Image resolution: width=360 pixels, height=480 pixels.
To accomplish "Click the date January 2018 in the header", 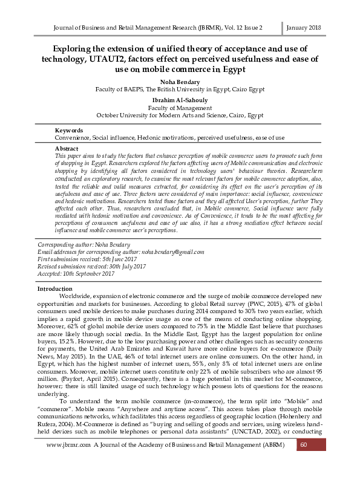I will point(303,28).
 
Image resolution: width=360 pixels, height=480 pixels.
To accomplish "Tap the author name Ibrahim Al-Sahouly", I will point(180,99).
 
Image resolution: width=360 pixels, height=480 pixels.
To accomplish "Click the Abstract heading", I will point(67,148).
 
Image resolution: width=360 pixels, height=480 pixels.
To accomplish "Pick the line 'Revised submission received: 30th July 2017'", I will point(92,266).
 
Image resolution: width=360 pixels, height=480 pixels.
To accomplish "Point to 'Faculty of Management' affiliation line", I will point(180,107).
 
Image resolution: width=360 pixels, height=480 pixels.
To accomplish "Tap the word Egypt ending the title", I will point(228,70).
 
